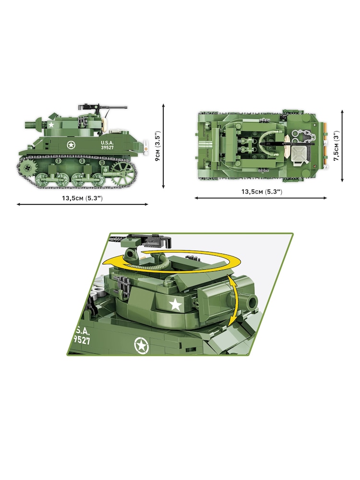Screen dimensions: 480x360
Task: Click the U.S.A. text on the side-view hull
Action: (108, 142)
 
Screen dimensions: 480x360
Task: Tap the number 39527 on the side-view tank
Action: (108, 148)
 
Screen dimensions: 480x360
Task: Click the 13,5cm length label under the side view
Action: (82, 198)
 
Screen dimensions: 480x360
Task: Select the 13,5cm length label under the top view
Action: (261, 192)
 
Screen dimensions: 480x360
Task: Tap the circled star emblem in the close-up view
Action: (142, 344)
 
